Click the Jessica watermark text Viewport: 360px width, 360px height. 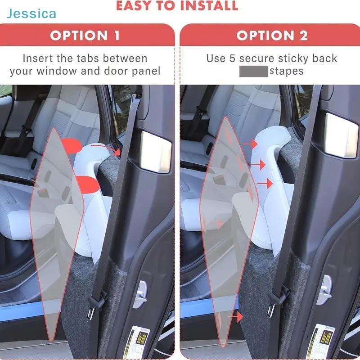point(31,13)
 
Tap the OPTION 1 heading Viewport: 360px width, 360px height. point(85,36)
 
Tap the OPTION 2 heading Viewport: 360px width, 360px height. point(272,36)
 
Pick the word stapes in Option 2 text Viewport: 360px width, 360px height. point(287,71)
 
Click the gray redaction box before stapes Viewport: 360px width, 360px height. point(253,71)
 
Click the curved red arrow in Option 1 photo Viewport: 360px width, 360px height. point(110,148)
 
